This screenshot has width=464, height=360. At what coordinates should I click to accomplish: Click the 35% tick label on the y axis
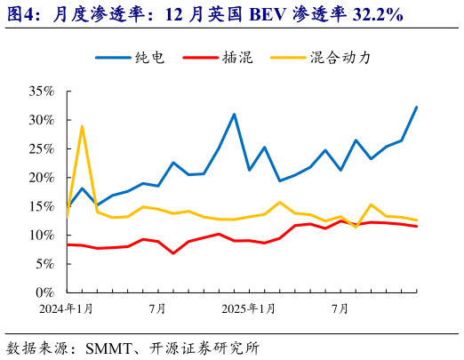click(x=41, y=92)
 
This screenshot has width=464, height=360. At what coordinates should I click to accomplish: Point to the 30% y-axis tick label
click(x=41, y=120)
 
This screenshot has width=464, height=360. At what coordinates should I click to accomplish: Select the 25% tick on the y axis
click(x=41, y=149)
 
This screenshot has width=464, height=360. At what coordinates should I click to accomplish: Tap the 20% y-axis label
click(x=41, y=178)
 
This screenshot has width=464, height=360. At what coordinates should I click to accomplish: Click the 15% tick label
click(x=41, y=206)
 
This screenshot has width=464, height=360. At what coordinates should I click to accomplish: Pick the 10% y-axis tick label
click(x=41, y=236)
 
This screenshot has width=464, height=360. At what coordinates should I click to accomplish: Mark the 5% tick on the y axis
click(x=44, y=264)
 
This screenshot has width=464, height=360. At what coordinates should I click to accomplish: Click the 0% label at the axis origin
click(x=44, y=292)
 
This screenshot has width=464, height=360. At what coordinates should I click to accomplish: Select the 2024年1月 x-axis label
click(x=68, y=309)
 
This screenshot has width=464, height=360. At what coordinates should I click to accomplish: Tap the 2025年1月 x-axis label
click(x=250, y=309)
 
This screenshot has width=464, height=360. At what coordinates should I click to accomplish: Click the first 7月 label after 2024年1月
click(x=157, y=309)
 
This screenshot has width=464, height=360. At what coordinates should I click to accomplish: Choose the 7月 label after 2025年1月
click(x=340, y=309)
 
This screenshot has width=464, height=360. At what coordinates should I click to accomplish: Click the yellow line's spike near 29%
click(x=82, y=126)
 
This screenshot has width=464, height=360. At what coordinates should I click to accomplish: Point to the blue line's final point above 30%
click(x=416, y=108)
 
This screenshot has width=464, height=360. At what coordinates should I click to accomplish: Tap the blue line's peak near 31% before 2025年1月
click(x=234, y=115)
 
